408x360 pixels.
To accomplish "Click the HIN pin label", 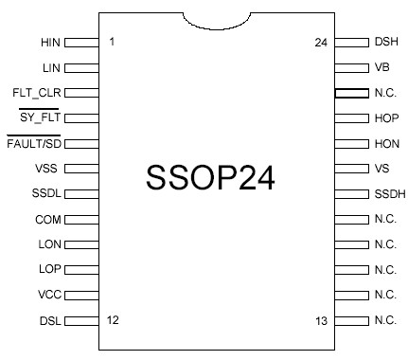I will pos(50,43).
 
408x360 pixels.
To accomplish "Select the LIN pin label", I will pos(51,68).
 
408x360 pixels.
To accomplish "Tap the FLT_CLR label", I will pos(38,93).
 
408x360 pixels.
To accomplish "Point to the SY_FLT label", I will pos(40,118).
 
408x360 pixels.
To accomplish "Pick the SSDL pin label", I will pos(46,194).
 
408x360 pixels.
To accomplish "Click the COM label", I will pos(48,219).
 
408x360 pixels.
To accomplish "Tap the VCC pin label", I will pos(49,295).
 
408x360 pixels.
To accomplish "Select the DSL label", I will pos(49,320).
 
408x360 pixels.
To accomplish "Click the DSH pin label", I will pos(386,43).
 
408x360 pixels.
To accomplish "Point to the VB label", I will pos(382,68).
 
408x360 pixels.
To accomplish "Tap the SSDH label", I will pos(389,194).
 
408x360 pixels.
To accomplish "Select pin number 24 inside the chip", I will pos(321,43).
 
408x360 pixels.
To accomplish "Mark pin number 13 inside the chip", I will pos(321,320).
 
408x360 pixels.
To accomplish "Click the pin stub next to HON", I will pos(351,144).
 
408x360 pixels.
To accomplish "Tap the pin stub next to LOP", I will pos(81,269).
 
